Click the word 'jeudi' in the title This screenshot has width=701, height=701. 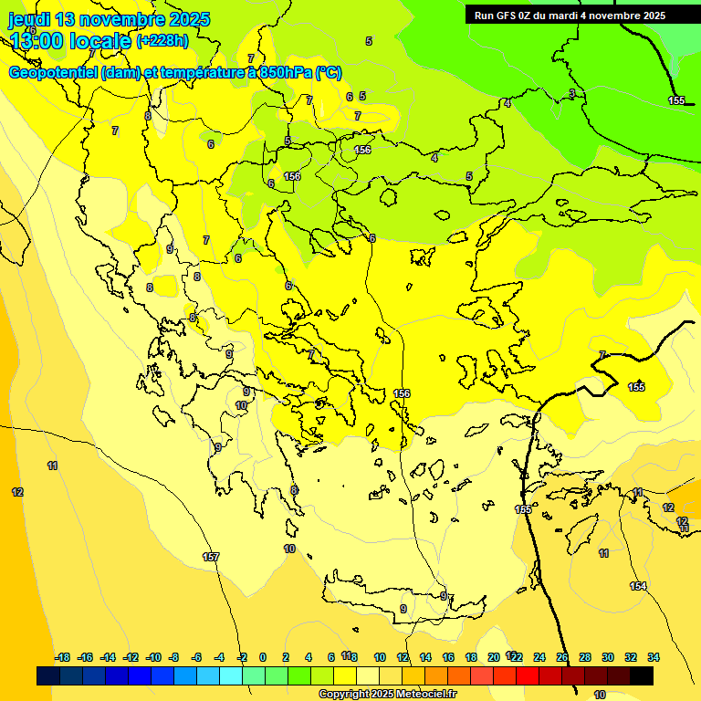pyautogui.click(x=30, y=19)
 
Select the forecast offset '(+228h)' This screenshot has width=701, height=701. pyautogui.click(x=162, y=40)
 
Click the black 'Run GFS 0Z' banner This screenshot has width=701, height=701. pyautogui.click(x=570, y=15)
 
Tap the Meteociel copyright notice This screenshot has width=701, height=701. pyautogui.click(x=387, y=694)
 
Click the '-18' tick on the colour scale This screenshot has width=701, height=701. pyautogui.click(x=63, y=657)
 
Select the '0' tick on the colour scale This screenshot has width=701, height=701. pyautogui.click(x=263, y=657)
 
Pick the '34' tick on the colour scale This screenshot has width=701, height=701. pyautogui.click(x=654, y=657)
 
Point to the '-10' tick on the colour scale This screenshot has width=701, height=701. pyautogui.click(x=153, y=657)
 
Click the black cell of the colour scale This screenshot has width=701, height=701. pyautogui.click(x=642, y=676)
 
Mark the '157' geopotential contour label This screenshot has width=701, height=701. pyautogui.click(x=211, y=557)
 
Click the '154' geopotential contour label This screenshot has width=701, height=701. pyautogui.click(x=638, y=586)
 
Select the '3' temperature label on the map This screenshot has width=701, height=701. pyautogui.click(x=572, y=93)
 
